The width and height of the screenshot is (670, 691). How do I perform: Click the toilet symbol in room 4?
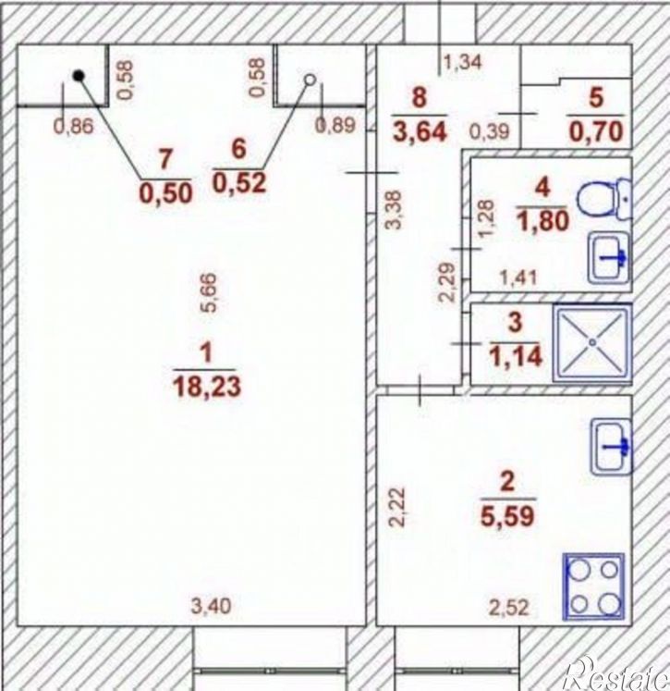(604, 199)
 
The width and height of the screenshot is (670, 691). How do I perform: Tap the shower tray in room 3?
(592, 342)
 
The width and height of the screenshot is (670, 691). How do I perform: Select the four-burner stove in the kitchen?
(594, 586)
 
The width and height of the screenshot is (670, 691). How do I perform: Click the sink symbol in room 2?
(612, 447)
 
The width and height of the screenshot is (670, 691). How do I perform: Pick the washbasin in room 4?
(610, 258)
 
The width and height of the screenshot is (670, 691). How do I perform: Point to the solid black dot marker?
(79, 76)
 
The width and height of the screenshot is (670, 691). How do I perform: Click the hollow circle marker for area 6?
(311, 80)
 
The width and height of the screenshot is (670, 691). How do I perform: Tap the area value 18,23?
(207, 386)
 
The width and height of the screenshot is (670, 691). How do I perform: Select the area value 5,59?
(507, 515)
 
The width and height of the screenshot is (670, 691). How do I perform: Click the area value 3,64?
(420, 131)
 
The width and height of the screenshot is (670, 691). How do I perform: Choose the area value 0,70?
(596, 131)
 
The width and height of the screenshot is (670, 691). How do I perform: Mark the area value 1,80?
(542, 221)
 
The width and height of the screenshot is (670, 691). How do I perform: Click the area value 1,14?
(515, 356)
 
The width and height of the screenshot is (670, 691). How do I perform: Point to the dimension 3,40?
(211, 606)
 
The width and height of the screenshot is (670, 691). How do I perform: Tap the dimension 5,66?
(210, 292)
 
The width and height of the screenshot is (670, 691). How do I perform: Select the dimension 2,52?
(509, 608)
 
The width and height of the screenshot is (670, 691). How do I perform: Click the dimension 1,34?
(463, 63)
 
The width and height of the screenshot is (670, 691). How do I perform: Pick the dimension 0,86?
(74, 127)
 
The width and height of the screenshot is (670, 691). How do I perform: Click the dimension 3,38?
(394, 209)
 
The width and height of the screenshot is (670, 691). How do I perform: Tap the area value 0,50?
(166, 193)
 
